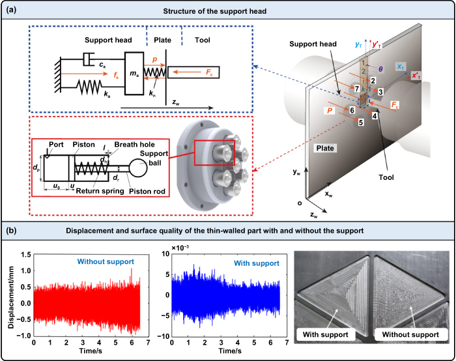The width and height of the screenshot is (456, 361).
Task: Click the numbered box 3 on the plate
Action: pyautogui.click(x=380, y=92)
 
